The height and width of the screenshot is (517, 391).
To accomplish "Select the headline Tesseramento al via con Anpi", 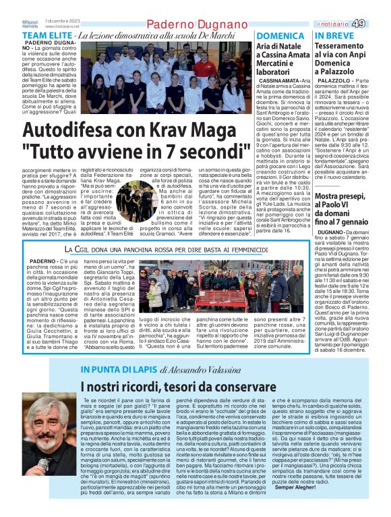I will point(341,61).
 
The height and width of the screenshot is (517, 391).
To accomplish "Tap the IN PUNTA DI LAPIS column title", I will point(119,369).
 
